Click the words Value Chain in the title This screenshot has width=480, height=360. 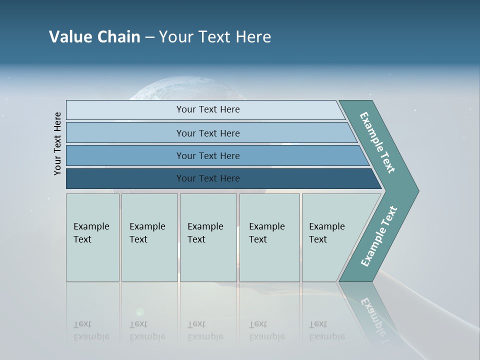[94, 37]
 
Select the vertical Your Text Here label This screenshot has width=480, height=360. [58, 143]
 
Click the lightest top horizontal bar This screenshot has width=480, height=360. [125, 110]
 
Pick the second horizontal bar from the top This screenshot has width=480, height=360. [125, 133]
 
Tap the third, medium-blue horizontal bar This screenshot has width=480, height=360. [125, 156]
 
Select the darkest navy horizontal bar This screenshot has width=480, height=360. [125, 178]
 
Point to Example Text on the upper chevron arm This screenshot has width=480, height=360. [377, 142]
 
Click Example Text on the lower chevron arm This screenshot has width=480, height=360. [379, 236]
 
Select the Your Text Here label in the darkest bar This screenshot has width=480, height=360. [208, 178]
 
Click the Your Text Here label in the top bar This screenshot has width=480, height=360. [208, 109]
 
